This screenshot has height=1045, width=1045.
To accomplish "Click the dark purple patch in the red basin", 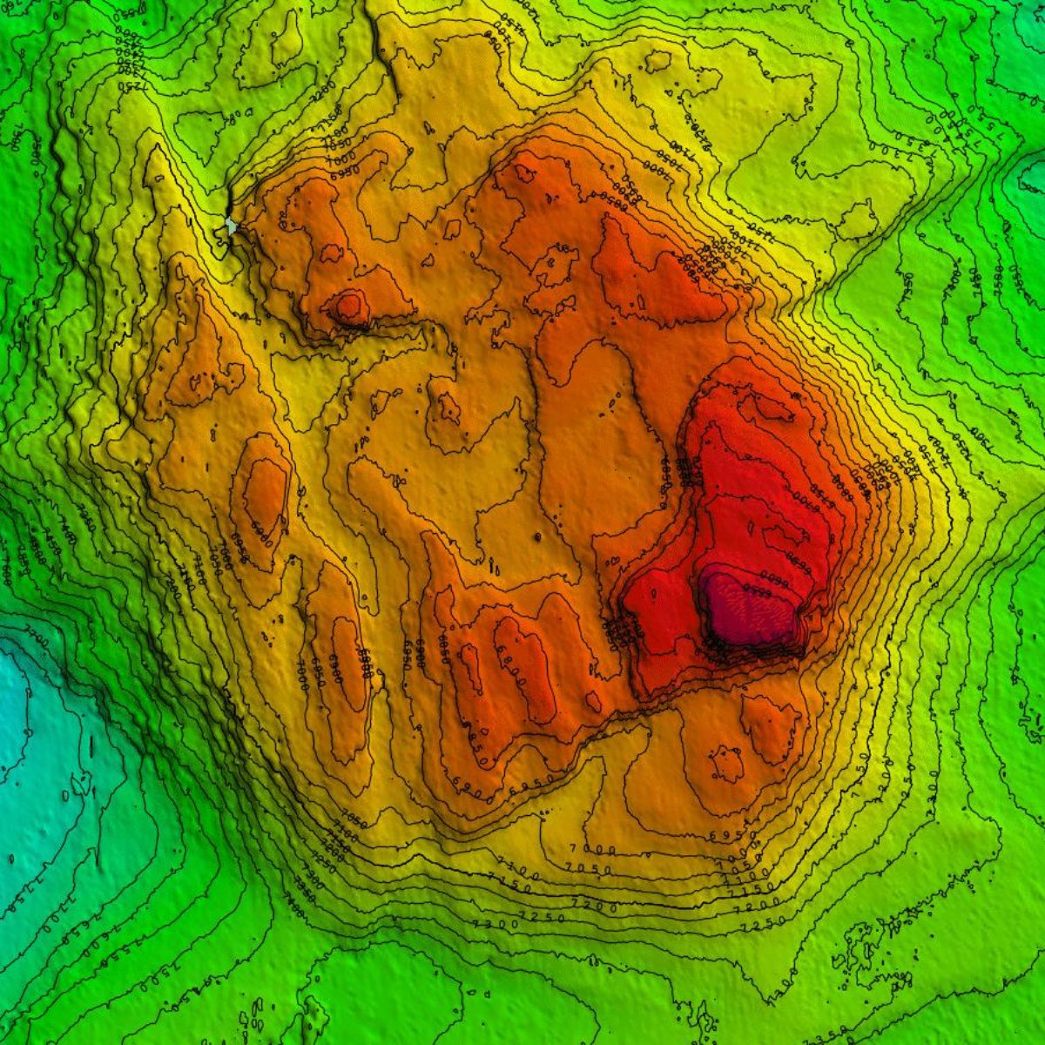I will click(749, 610).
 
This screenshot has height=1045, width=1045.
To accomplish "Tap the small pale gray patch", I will click(231, 226).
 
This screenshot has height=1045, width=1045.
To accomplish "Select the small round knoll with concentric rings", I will click(348, 306).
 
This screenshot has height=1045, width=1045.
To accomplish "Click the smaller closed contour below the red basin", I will click(726, 763).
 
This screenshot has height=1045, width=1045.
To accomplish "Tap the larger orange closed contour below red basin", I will click(771, 727).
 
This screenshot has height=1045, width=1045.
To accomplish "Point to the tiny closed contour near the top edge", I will click(657, 61).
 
